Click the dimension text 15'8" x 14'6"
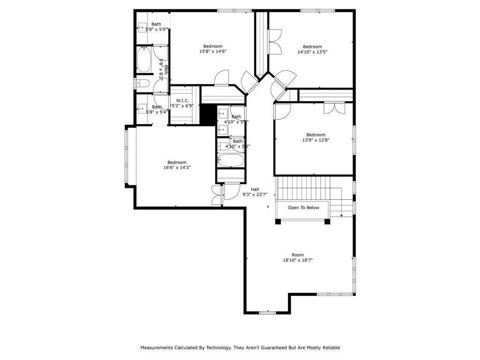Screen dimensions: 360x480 tap(213, 52)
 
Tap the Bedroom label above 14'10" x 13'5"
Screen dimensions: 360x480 tap(312, 46)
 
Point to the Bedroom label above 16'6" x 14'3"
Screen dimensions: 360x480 tap(177, 162)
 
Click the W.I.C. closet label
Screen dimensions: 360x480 tap(182, 100)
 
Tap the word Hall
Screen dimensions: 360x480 tap(255, 189)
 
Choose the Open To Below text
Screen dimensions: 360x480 tap(303, 208)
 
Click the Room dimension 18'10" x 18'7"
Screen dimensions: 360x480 tap(298, 260)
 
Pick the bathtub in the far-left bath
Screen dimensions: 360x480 tap(143, 60)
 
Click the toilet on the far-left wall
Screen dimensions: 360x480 tap(142, 83)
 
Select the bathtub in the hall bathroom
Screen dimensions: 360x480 tap(231, 161)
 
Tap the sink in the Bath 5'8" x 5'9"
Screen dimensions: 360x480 tap(142, 27)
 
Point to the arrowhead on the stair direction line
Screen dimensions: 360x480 tap(341, 215)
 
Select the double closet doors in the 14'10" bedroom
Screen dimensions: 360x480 tap(275, 41)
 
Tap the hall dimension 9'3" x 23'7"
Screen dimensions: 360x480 tap(255, 195)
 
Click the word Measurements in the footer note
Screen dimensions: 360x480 tap(157, 348)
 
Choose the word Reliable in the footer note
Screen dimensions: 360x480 tap(330, 348)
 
